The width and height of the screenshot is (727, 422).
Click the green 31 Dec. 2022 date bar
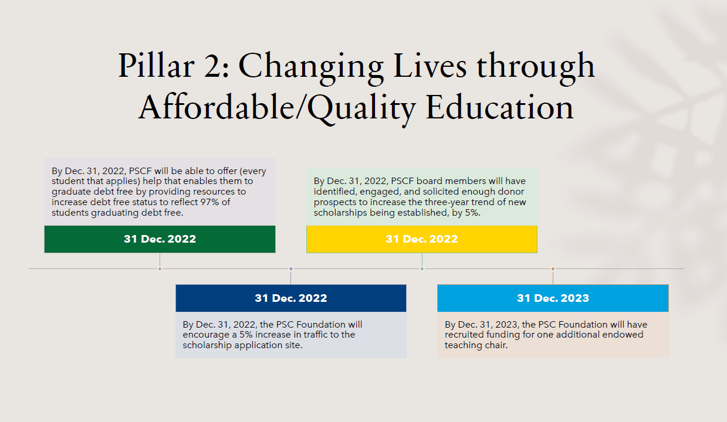coord(160,239)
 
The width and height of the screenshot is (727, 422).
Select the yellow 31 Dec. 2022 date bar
coord(422,239)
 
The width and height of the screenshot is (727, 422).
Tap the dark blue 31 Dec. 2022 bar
coord(291,298)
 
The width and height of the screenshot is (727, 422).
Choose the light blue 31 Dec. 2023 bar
coord(553,298)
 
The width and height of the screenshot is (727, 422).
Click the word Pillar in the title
coord(156,66)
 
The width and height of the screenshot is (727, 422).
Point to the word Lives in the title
coord(430,66)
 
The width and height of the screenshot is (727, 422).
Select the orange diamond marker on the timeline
coord(553,268)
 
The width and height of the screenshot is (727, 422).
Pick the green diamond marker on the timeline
coord(422,268)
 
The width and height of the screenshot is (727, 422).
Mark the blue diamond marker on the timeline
coord(291,268)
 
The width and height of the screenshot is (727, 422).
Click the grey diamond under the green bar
coord(160,268)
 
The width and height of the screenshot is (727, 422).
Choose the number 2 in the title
coord(212,66)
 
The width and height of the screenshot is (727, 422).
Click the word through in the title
coord(536,68)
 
